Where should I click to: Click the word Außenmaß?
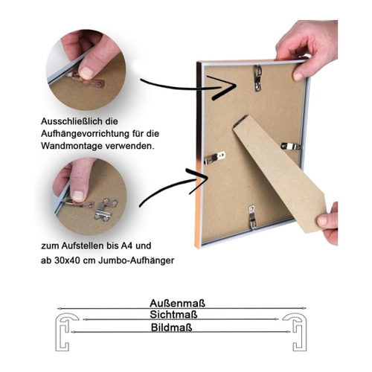point(177,304)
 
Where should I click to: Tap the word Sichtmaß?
point(173,315)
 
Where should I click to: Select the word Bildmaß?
point(172,327)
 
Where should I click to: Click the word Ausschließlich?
point(72,121)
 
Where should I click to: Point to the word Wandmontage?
point(71,146)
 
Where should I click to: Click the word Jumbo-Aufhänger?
point(136,260)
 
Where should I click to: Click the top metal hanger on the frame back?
point(258,78)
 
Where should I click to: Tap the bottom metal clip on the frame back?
point(252,217)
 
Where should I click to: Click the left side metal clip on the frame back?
point(215,158)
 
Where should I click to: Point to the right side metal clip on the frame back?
point(291,147)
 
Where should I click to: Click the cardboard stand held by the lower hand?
point(279,173)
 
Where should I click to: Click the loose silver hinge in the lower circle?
point(106,209)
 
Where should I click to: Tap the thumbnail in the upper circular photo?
point(86,73)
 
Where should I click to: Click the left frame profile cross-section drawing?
point(65,332)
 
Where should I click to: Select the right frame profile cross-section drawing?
point(295,332)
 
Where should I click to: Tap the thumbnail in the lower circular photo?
point(78,196)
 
